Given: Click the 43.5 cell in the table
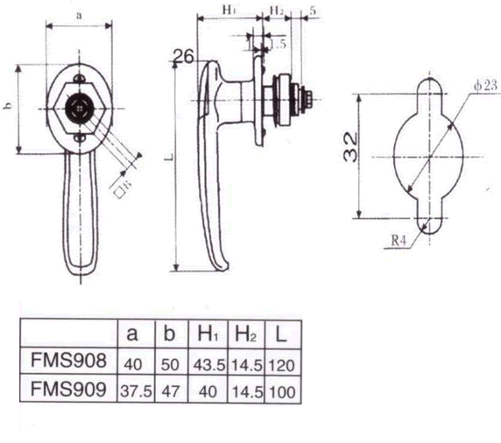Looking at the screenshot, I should click(207, 362).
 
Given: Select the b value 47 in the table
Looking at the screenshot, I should click(170, 390).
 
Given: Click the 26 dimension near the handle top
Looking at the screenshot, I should click(183, 58).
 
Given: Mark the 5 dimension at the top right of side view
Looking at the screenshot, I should click(313, 10).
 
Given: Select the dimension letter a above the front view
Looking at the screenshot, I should click(80, 15).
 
